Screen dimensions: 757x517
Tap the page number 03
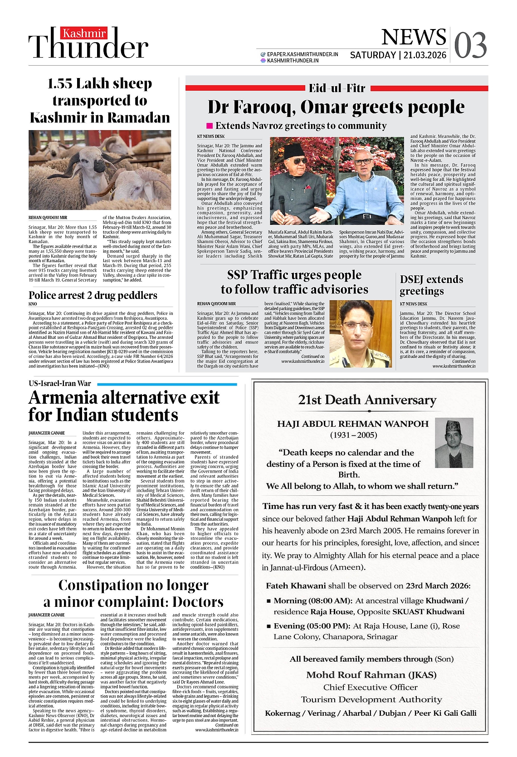[x=470, y=46]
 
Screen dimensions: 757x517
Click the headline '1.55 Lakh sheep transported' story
[x=100, y=101]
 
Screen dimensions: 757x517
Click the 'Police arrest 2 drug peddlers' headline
[x=93, y=295]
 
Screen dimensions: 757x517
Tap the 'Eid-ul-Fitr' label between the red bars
[x=337, y=88]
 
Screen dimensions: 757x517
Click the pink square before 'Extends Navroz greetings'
[x=210, y=126]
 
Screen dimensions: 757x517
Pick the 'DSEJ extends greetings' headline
[x=431, y=285]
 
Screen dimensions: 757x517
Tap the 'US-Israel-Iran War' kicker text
[x=60, y=383]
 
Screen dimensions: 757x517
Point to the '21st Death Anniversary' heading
[x=367, y=400]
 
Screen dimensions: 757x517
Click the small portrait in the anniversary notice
[x=454, y=443]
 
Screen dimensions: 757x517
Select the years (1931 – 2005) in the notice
[x=353, y=435]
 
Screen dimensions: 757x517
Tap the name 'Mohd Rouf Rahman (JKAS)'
[x=371, y=674]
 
